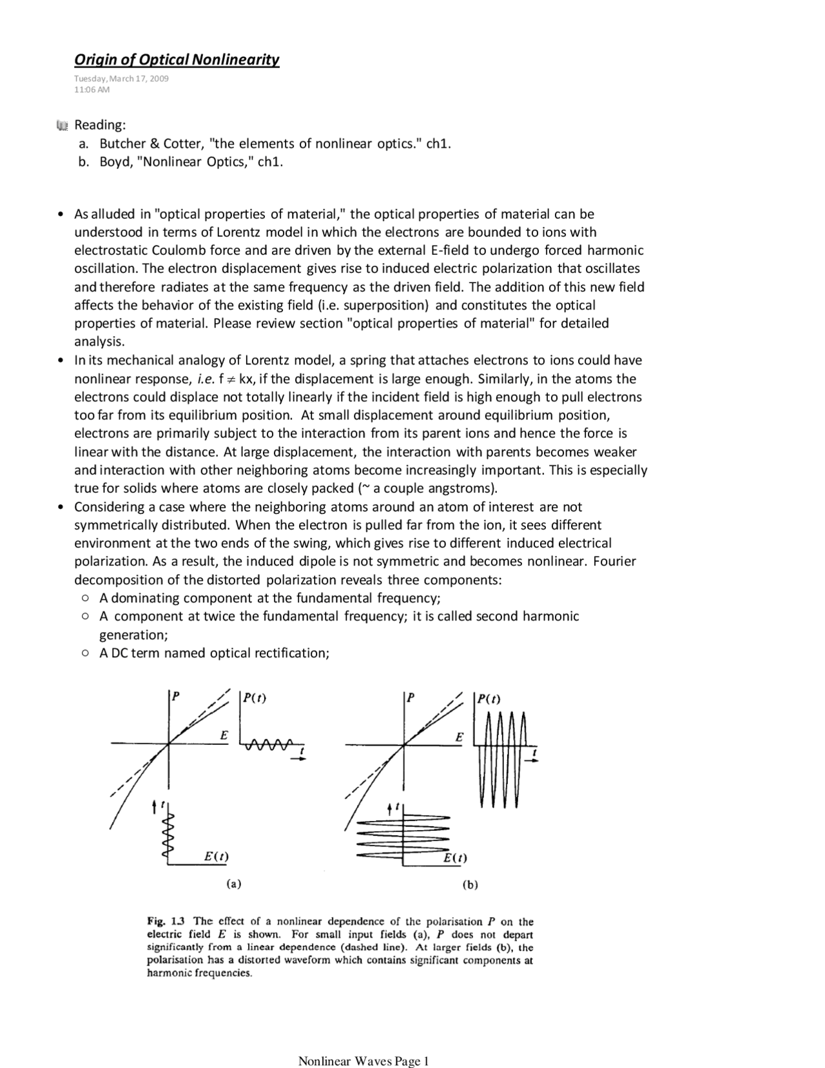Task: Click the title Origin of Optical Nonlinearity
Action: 177,60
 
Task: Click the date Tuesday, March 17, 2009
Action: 121,79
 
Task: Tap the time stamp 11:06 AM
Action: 92,90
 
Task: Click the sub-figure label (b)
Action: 469,885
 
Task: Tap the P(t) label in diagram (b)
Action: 488,699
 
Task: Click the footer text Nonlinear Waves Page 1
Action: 363,1061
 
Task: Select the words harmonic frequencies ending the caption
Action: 199,973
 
